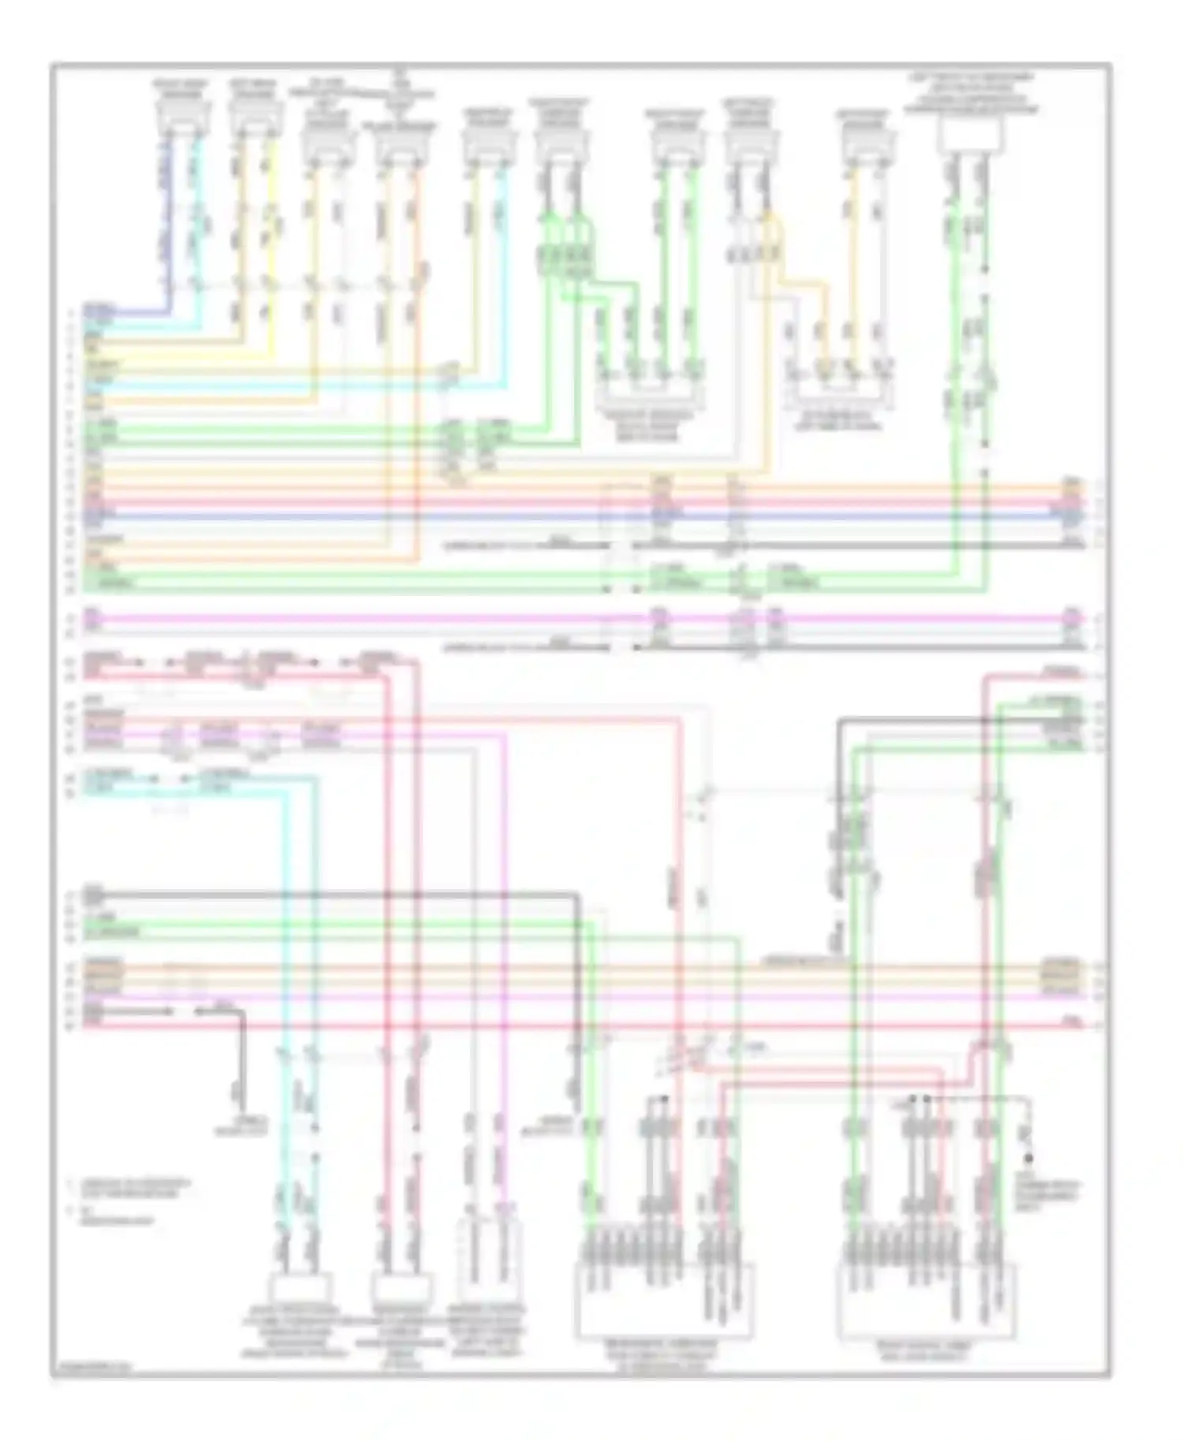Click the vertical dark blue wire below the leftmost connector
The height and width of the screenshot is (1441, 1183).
pyautogui.click(x=165, y=229)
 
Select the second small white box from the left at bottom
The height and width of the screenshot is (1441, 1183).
pyautogui.click(x=401, y=1286)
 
